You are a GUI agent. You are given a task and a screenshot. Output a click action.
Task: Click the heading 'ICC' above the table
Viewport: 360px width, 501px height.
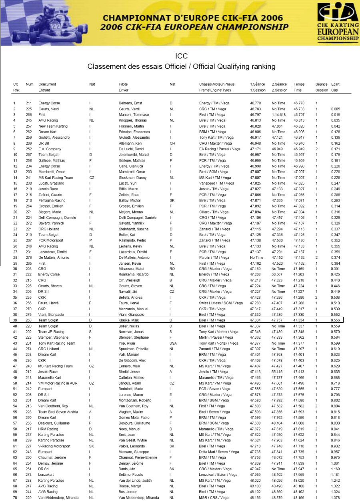[181, 56]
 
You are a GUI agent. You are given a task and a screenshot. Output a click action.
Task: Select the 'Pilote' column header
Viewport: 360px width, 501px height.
[124, 84]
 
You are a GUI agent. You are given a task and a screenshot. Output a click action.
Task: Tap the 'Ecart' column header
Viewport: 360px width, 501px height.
[336, 84]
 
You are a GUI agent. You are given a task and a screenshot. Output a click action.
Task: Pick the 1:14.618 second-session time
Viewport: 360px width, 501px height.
[279, 115]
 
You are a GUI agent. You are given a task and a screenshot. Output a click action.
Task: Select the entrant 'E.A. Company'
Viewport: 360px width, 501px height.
[49, 149]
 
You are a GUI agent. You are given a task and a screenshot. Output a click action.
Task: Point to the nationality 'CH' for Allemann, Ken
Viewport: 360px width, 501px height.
[172, 143]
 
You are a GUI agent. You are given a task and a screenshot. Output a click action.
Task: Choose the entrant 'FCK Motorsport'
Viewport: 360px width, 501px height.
[51, 241]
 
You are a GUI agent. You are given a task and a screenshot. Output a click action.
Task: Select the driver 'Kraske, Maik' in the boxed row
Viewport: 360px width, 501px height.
[128, 321]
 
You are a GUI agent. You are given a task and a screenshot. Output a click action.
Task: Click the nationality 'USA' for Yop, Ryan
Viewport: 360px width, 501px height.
[174, 343]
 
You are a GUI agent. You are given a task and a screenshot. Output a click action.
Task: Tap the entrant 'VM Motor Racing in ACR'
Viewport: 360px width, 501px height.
[57, 383]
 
